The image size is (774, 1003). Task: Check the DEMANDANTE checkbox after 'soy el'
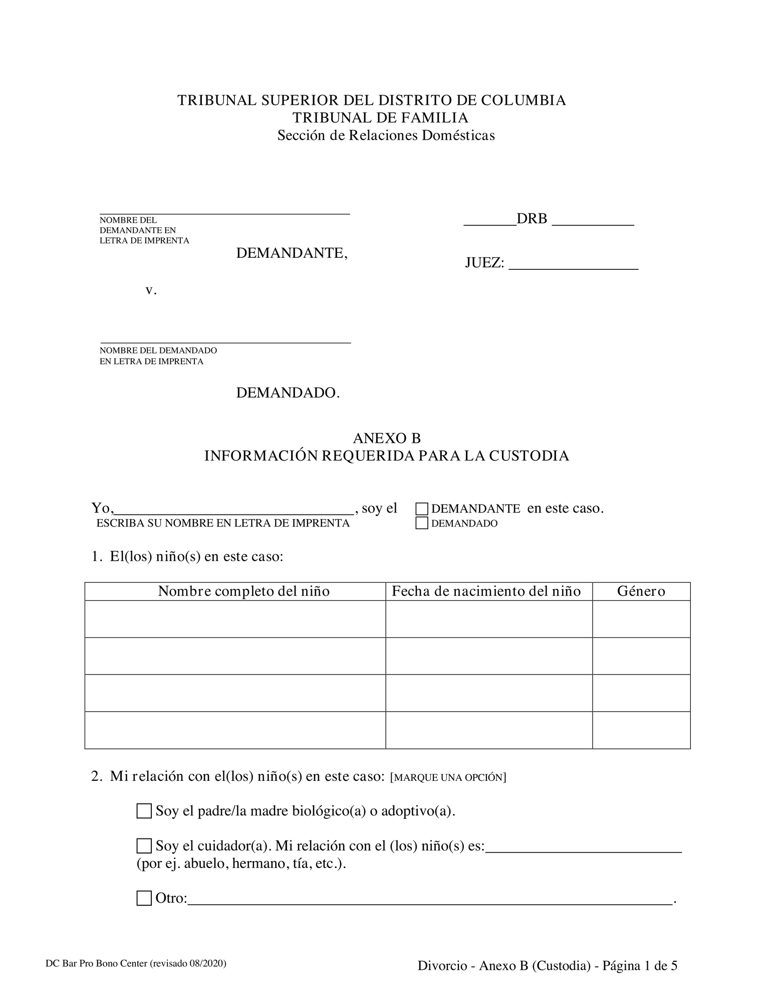422,509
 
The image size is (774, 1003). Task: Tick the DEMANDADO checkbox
422,523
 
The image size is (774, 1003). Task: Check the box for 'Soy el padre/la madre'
144,811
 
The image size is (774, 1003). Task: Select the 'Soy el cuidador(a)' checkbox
144,846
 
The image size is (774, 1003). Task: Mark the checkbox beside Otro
144,898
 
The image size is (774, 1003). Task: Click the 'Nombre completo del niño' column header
244,591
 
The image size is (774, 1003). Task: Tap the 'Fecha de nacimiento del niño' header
486,591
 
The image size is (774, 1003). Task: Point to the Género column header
641,591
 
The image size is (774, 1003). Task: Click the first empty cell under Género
641,619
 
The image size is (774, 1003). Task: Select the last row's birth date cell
488,730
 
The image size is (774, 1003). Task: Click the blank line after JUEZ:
573,264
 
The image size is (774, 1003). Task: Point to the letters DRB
532,219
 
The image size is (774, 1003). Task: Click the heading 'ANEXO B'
387,438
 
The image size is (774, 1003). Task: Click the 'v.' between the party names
151,290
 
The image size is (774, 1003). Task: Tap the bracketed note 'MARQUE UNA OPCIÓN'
447,778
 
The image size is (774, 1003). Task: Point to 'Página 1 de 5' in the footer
640,965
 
